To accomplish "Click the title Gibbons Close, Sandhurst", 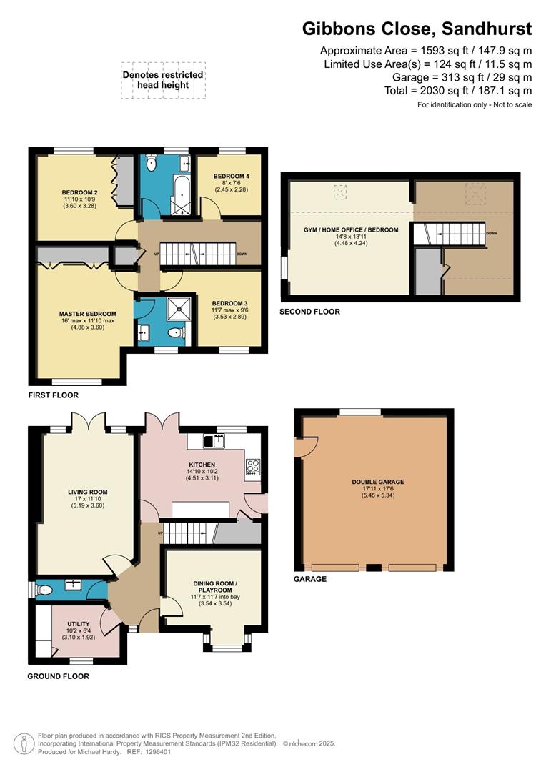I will (x=417, y=29).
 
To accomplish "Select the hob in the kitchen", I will (x=252, y=467).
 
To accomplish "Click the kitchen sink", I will (x=214, y=441).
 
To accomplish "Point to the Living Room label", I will (x=87, y=492).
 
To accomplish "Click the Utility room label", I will (x=79, y=624).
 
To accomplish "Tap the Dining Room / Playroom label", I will (x=212, y=586).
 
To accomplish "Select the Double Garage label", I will (x=374, y=482).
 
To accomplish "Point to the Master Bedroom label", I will (x=87, y=313).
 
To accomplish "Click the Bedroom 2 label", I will (x=79, y=193).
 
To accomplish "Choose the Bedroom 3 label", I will (x=229, y=304).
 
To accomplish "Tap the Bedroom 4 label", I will (x=231, y=176).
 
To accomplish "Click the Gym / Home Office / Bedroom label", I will (x=350, y=230).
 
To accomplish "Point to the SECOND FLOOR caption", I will (x=310, y=312).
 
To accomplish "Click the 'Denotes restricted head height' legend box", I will (x=163, y=79).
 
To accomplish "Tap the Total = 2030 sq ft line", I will (x=469, y=91).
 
